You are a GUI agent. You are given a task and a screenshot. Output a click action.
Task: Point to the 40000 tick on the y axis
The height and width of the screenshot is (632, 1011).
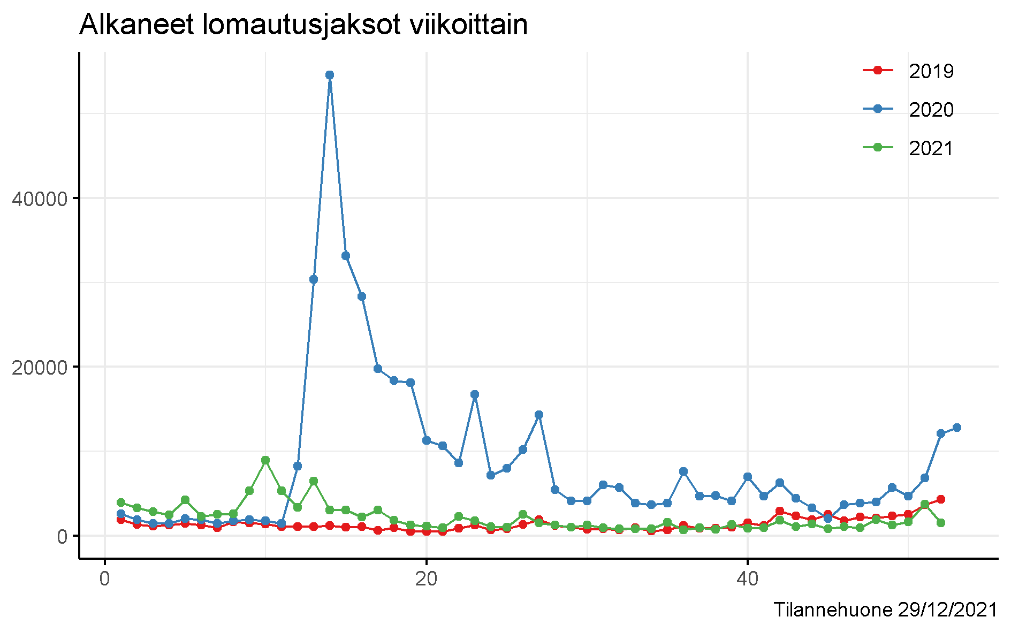click(40, 199)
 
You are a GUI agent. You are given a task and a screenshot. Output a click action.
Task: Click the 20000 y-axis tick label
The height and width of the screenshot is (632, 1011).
click(40, 367)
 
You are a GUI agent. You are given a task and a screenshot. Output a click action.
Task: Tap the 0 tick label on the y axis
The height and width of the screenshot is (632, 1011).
click(62, 536)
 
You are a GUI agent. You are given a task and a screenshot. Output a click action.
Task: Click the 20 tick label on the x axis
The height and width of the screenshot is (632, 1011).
click(427, 580)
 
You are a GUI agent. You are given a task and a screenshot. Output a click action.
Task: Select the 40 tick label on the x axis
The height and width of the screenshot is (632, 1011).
click(748, 580)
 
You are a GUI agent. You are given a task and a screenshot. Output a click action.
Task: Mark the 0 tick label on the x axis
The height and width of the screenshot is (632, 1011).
click(105, 580)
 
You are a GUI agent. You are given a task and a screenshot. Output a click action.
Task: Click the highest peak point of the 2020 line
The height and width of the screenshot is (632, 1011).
click(330, 75)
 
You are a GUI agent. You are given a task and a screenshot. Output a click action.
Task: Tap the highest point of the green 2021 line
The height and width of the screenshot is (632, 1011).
click(265, 460)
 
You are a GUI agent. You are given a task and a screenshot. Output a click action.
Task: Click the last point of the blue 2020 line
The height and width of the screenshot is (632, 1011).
click(956, 428)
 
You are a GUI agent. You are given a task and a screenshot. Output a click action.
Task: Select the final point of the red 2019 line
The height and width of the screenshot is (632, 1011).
click(940, 499)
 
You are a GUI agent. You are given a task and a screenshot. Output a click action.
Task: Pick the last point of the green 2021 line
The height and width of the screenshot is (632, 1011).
click(940, 523)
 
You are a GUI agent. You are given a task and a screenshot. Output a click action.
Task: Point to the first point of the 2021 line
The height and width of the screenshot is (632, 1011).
click(121, 502)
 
